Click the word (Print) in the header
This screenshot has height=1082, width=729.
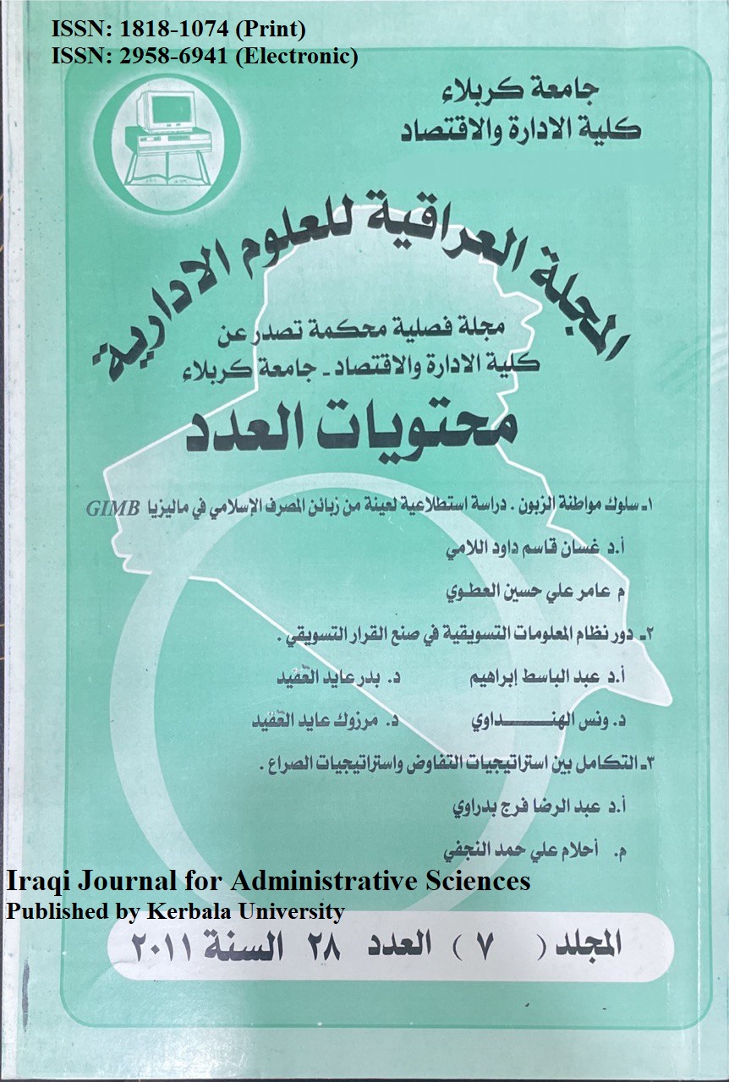click(x=271, y=31)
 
